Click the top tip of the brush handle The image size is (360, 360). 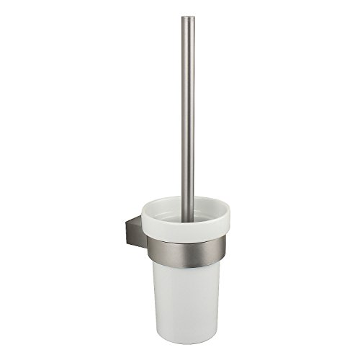pyautogui.click(x=188, y=17)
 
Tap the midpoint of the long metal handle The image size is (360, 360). pyautogui.click(x=188, y=108)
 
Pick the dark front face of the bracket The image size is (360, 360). pyautogui.click(x=127, y=239)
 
